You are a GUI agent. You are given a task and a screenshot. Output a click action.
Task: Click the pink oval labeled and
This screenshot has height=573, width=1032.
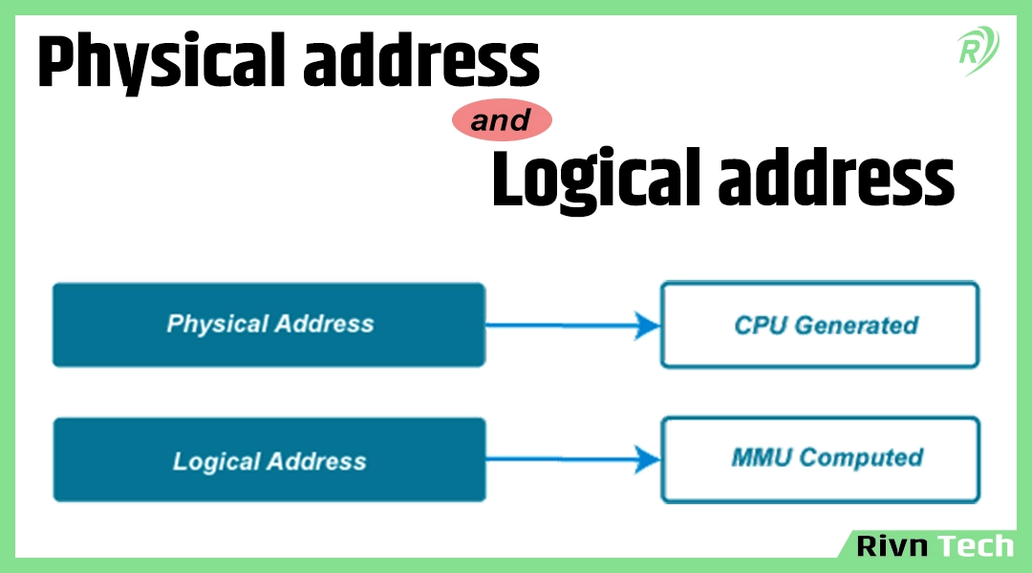pos(502,121)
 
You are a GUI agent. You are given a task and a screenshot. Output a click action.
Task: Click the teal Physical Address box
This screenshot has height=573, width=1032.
pos(269,325)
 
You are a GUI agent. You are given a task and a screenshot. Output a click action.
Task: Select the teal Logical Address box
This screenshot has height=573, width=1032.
pos(269,461)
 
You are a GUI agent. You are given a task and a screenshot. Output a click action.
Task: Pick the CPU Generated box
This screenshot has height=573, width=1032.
pos(820,325)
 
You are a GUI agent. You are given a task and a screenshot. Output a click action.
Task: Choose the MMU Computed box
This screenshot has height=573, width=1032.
pos(820,458)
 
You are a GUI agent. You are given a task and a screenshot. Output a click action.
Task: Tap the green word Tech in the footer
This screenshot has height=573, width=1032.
pos(974,545)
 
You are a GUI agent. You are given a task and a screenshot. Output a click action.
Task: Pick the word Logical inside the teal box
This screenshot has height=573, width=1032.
pos(216,462)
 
